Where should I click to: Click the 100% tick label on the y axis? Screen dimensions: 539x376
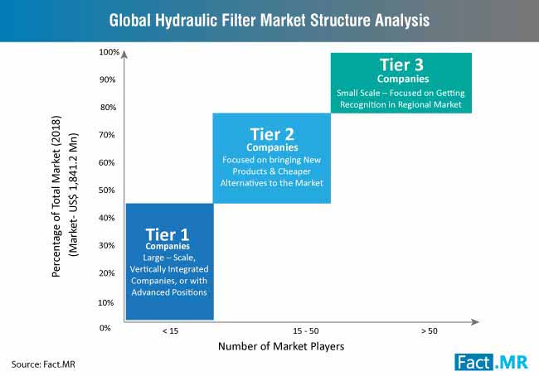pyautogui.click(x=109, y=52)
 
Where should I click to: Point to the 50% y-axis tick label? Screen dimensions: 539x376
pyautogui.click(x=107, y=190)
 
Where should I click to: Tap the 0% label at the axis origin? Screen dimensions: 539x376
pyautogui.click(x=104, y=328)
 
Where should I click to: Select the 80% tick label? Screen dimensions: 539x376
pyautogui.click(x=109, y=108)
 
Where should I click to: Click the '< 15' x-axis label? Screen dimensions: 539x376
pyautogui.click(x=170, y=331)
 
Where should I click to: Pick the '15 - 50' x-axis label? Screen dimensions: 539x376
pyautogui.click(x=306, y=331)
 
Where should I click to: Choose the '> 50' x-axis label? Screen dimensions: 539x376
pyautogui.click(x=430, y=331)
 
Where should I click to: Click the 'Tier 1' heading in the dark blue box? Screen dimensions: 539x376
pyautogui.click(x=168, y=235)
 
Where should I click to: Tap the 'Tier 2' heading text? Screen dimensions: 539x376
pyautogui.click(x=272, y=134)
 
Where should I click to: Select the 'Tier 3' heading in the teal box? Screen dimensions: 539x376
pyautogui.click(x=401, y=65)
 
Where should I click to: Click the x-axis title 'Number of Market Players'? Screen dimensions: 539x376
pyautogui.click(x=281, y=346)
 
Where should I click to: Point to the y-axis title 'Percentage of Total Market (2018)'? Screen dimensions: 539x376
pyautogui.click(x=56, y=196)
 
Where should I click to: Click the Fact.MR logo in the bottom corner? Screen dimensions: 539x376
pyautogui.click(x=491, y=362)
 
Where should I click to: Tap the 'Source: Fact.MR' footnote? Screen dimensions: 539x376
pyautogui.click(x=43, y=364)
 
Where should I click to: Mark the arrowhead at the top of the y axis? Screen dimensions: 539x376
pyautogui.click(x=124, y=55)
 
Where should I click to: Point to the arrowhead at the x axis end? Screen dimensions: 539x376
pyautogui.click(x=475, y=321)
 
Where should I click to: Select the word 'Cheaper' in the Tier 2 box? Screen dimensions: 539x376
pyautogui.click(x=294, y=171)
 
